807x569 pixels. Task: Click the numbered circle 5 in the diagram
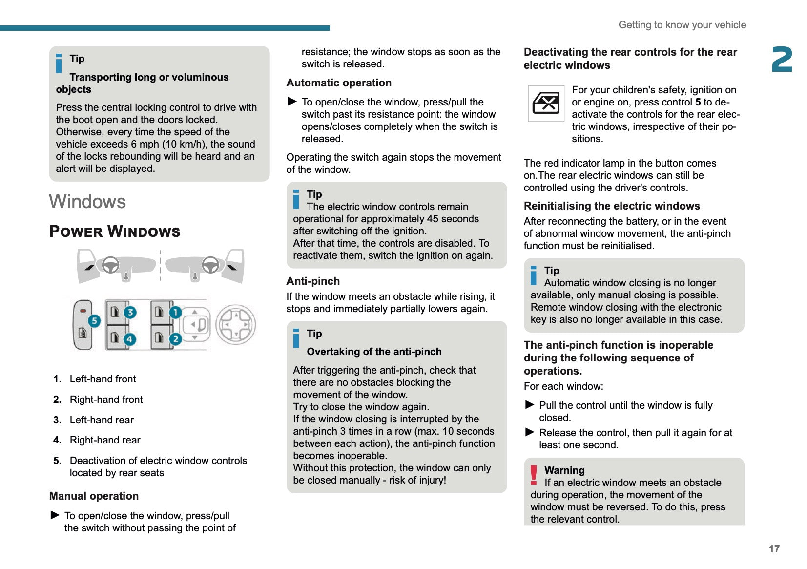[x=94, y=321]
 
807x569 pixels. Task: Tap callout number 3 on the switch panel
[x=130, y=313]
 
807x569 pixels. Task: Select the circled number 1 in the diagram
[x=175, y=313]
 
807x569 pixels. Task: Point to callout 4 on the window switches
[x=129, y=339]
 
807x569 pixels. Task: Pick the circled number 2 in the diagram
[x=175, y=339]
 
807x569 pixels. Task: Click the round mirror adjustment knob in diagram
[x=236, y=324]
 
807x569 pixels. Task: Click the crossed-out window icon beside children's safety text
[x=546, y=103]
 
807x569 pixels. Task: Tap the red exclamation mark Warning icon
[x=534, y=475]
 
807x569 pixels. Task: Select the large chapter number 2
[x=782, y=60]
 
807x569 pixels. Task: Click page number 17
[x=774, y=549]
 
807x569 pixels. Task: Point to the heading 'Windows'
[x=87, y=202]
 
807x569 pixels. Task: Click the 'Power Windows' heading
[x=115, y=232]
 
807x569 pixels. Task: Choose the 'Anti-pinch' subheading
[x=313, y=281]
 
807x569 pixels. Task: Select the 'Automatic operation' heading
[x=339, y=83]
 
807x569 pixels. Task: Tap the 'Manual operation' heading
[x=94, y=496]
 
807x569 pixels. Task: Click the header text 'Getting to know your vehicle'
[x=682, y=25]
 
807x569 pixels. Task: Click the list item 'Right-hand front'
[x=106, y=400]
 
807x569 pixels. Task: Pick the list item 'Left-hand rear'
[x=102, y=420]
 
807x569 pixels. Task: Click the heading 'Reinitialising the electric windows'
[x=612, y=206]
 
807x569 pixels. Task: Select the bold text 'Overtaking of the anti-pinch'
[x=374, y=352]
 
